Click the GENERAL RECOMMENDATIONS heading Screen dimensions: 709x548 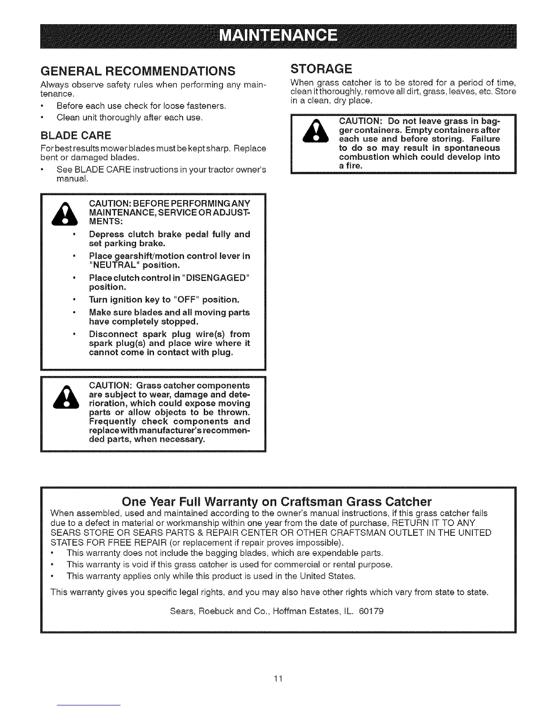point(138,71)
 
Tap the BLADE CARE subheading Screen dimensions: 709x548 point(76,135)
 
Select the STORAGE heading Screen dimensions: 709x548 point(321,69)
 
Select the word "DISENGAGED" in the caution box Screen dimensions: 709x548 point(214,278)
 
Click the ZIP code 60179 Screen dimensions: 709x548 point(371,611)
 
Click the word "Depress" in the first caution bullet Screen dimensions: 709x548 point(106,234)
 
